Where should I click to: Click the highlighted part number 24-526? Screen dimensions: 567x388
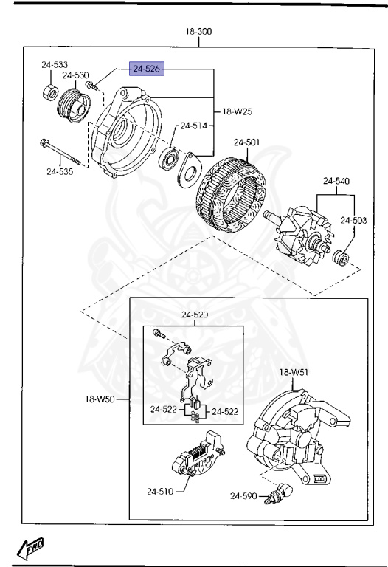click(146, 69)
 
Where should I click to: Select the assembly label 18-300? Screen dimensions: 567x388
click(198, 32)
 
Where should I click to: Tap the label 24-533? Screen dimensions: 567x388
click(55, 65)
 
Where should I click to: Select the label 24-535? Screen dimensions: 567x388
click(60, 172)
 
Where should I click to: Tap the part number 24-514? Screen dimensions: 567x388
click(194, 126)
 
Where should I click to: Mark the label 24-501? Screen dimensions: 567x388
click(247, 142)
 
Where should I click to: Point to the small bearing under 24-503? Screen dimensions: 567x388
click(342, 258)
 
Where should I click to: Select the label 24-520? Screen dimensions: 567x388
click(195, 315)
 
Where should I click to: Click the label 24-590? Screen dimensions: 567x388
click(243, 495)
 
